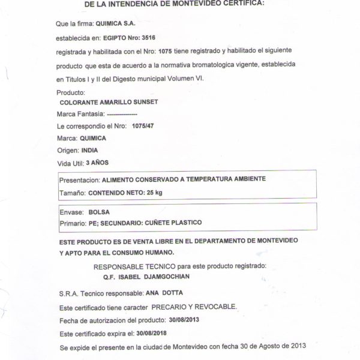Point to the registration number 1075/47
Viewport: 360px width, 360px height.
click(x=142, y=126)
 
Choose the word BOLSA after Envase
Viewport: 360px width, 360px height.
click(x=99, y=211)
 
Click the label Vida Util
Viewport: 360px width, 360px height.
click(x=70, y=162)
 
